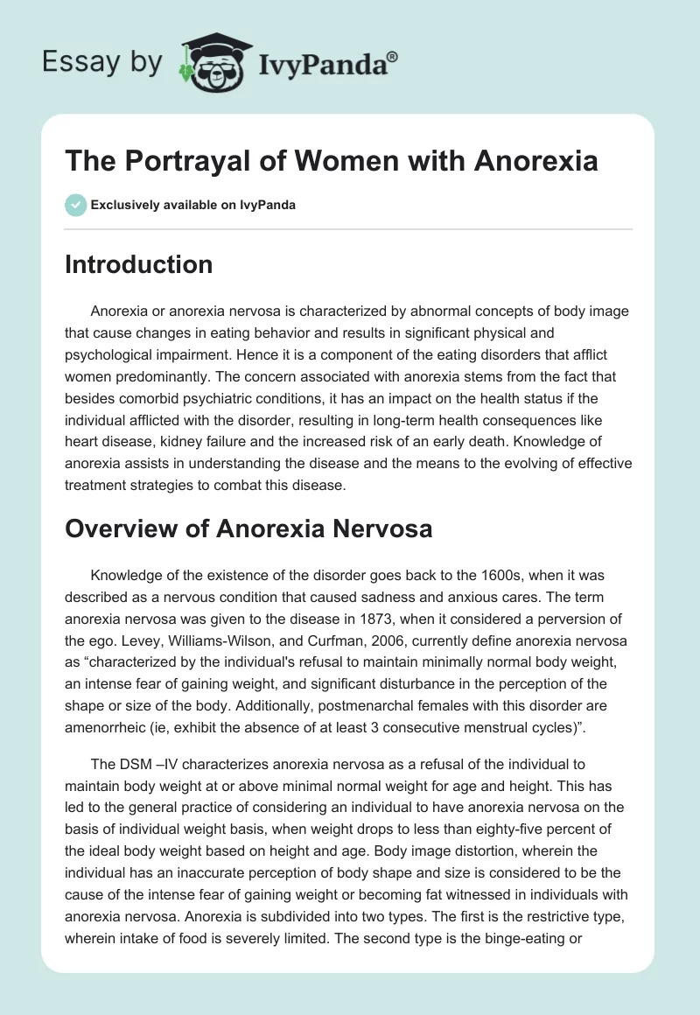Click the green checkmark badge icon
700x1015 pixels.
[74, 206]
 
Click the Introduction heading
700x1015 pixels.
[138, 264]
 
